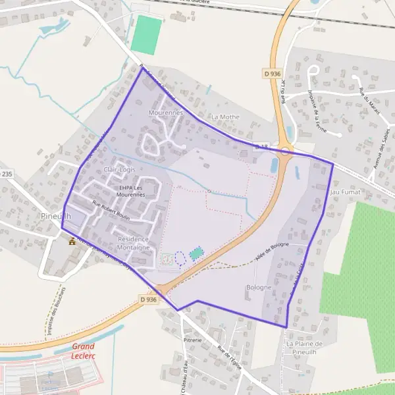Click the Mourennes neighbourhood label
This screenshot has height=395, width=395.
point(165,113)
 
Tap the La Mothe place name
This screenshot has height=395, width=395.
point(225,117)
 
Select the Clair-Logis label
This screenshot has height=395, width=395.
point(119,170)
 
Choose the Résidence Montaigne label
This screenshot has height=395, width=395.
point(134,243)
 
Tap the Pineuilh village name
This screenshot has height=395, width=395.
point(55,216)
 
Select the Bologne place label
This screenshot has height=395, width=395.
point(259,288)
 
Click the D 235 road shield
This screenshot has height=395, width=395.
point(5,174)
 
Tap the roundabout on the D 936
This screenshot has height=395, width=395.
point(285,151)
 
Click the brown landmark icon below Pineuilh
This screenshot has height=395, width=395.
point(72,241)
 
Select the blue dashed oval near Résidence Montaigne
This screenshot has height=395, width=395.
point(180,257)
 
